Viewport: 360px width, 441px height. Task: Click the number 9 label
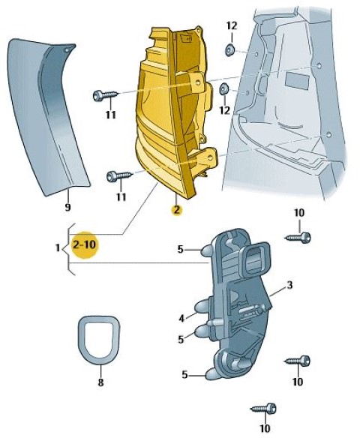[x=67, y=208]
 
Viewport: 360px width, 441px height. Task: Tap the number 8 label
[x=100, y=382]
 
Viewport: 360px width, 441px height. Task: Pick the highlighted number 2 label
[x=177, y=210]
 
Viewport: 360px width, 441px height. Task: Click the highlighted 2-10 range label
[x=84, y=244]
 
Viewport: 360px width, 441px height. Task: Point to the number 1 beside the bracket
[x=58, y=248]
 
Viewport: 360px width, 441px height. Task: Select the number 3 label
[x=289, y=285]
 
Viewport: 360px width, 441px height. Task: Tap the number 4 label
[x=182, y=318]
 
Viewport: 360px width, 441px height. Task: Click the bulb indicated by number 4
[x=201, y=307]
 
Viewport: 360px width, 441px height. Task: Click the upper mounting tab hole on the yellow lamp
[x=199, y=82]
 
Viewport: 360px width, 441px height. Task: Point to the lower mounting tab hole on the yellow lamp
[x=210, y=158]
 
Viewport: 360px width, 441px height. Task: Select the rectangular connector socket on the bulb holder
[x=255, y=258]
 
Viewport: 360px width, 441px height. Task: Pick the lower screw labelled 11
[x=119, y=176]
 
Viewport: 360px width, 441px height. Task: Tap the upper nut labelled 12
[x=230, y=49]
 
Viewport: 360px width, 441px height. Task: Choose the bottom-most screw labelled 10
[x=264, y=409]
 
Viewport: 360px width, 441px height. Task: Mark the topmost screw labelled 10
[x=298, y=238]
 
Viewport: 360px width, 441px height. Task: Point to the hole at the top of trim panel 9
[x=66, y=50]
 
